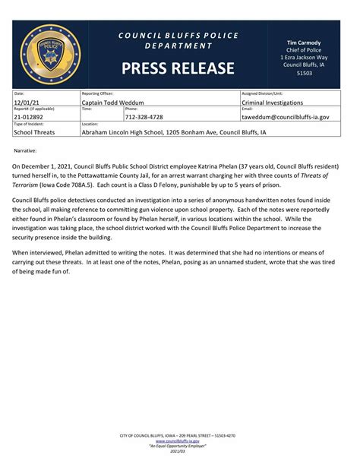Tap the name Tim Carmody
tap(303, 43)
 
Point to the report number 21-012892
tap(28, 117)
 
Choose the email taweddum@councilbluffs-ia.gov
tap(285, 117)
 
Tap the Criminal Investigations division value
tap(272, 102)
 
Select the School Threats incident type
tap(34, 131)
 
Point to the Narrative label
tap(26, 151)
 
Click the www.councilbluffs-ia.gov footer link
tap(177, 441)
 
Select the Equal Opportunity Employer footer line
tap(177, 446)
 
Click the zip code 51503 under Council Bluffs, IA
tap(303, 74)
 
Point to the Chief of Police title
tap(303, 50)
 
